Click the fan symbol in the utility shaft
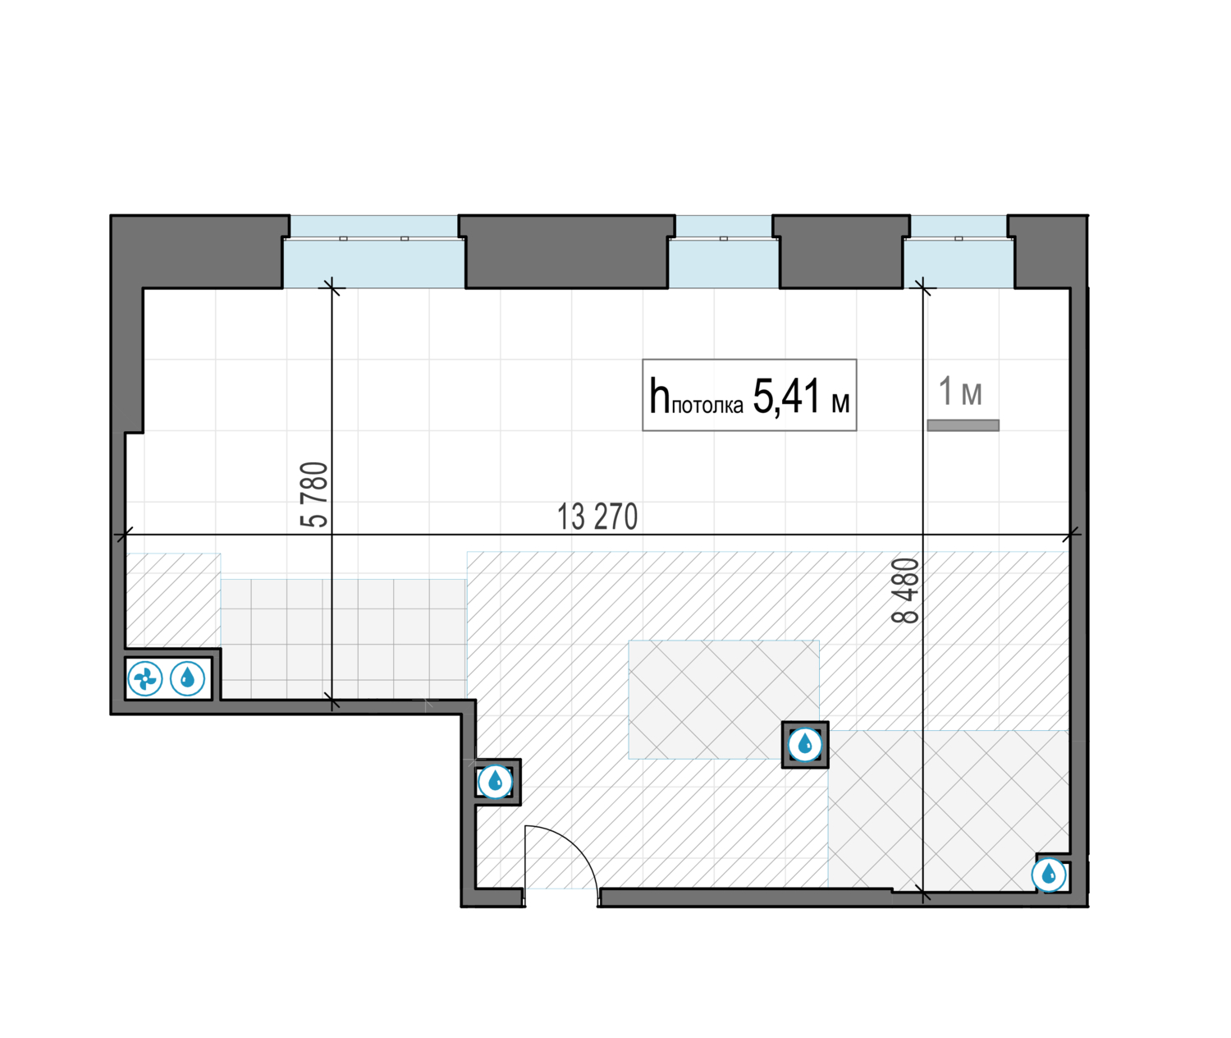(145, 678)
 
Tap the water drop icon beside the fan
(187, 678)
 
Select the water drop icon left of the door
(495, 782)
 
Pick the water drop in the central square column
(805, 745)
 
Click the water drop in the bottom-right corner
(1049, 875)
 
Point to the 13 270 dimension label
(597, 517)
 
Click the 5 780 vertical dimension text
(314, 494)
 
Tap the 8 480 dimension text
(905, 590)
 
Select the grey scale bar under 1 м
(963, 425)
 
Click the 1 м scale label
(960, 391)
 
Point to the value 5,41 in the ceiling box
(786, 396)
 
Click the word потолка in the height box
(707, 406)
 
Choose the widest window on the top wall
(373, 252)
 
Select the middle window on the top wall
(723, 252)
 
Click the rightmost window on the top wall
(959, 252)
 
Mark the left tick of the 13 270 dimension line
(125, 535)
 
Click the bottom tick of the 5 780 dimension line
(332, 702)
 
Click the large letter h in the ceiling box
(659, 395)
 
